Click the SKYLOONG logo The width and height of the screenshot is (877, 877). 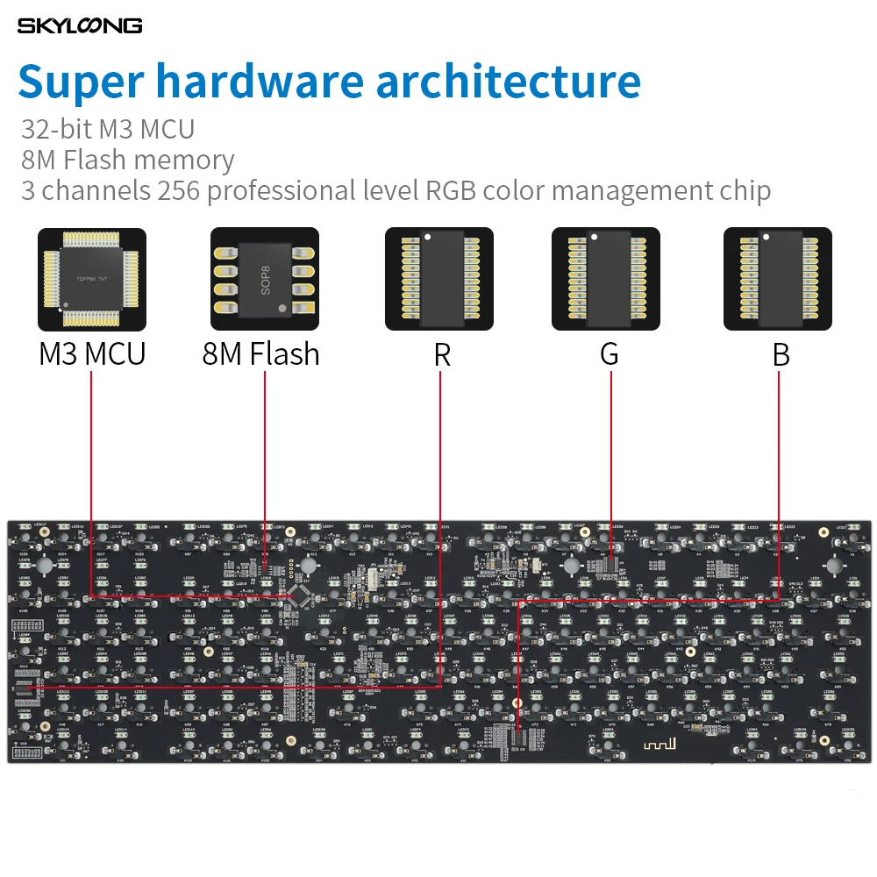tap(80, 25)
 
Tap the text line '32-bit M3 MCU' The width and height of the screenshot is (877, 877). tap(108, 130)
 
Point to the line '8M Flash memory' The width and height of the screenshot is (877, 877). tap(128, 160)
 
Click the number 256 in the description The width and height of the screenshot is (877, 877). tap(180, 190)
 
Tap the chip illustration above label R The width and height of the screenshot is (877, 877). tap(439, 279)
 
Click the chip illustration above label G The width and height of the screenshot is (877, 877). tap(606, 279)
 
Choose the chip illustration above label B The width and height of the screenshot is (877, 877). tap(777, 279)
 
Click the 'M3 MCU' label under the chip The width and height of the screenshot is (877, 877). tap(92, 354)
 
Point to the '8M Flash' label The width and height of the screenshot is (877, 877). tap(261, 354)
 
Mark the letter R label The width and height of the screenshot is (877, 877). tap(441, 355)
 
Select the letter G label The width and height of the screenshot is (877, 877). tap(609, 354)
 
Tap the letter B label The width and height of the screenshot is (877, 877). tap(781, 355)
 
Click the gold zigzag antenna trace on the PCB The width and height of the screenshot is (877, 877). tap(656, 745)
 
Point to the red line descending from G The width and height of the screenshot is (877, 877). tap(610, 456)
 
